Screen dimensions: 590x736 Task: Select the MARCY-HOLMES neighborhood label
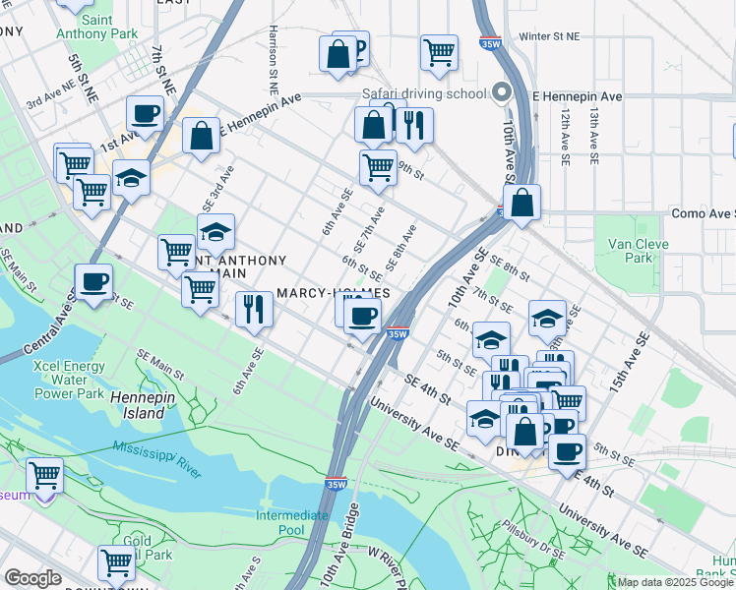coord(334,293)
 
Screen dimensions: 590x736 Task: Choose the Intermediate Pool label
coord(292,522)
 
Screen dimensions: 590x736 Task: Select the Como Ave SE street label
coord(702,213)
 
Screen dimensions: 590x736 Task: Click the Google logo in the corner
coord(32,578)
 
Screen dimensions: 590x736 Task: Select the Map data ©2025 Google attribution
coord(675,582)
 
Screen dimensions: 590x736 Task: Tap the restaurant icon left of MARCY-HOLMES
coord(254,309)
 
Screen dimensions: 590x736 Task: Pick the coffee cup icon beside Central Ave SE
coord(94,282)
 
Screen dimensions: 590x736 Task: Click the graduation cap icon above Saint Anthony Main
coord(215,232)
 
